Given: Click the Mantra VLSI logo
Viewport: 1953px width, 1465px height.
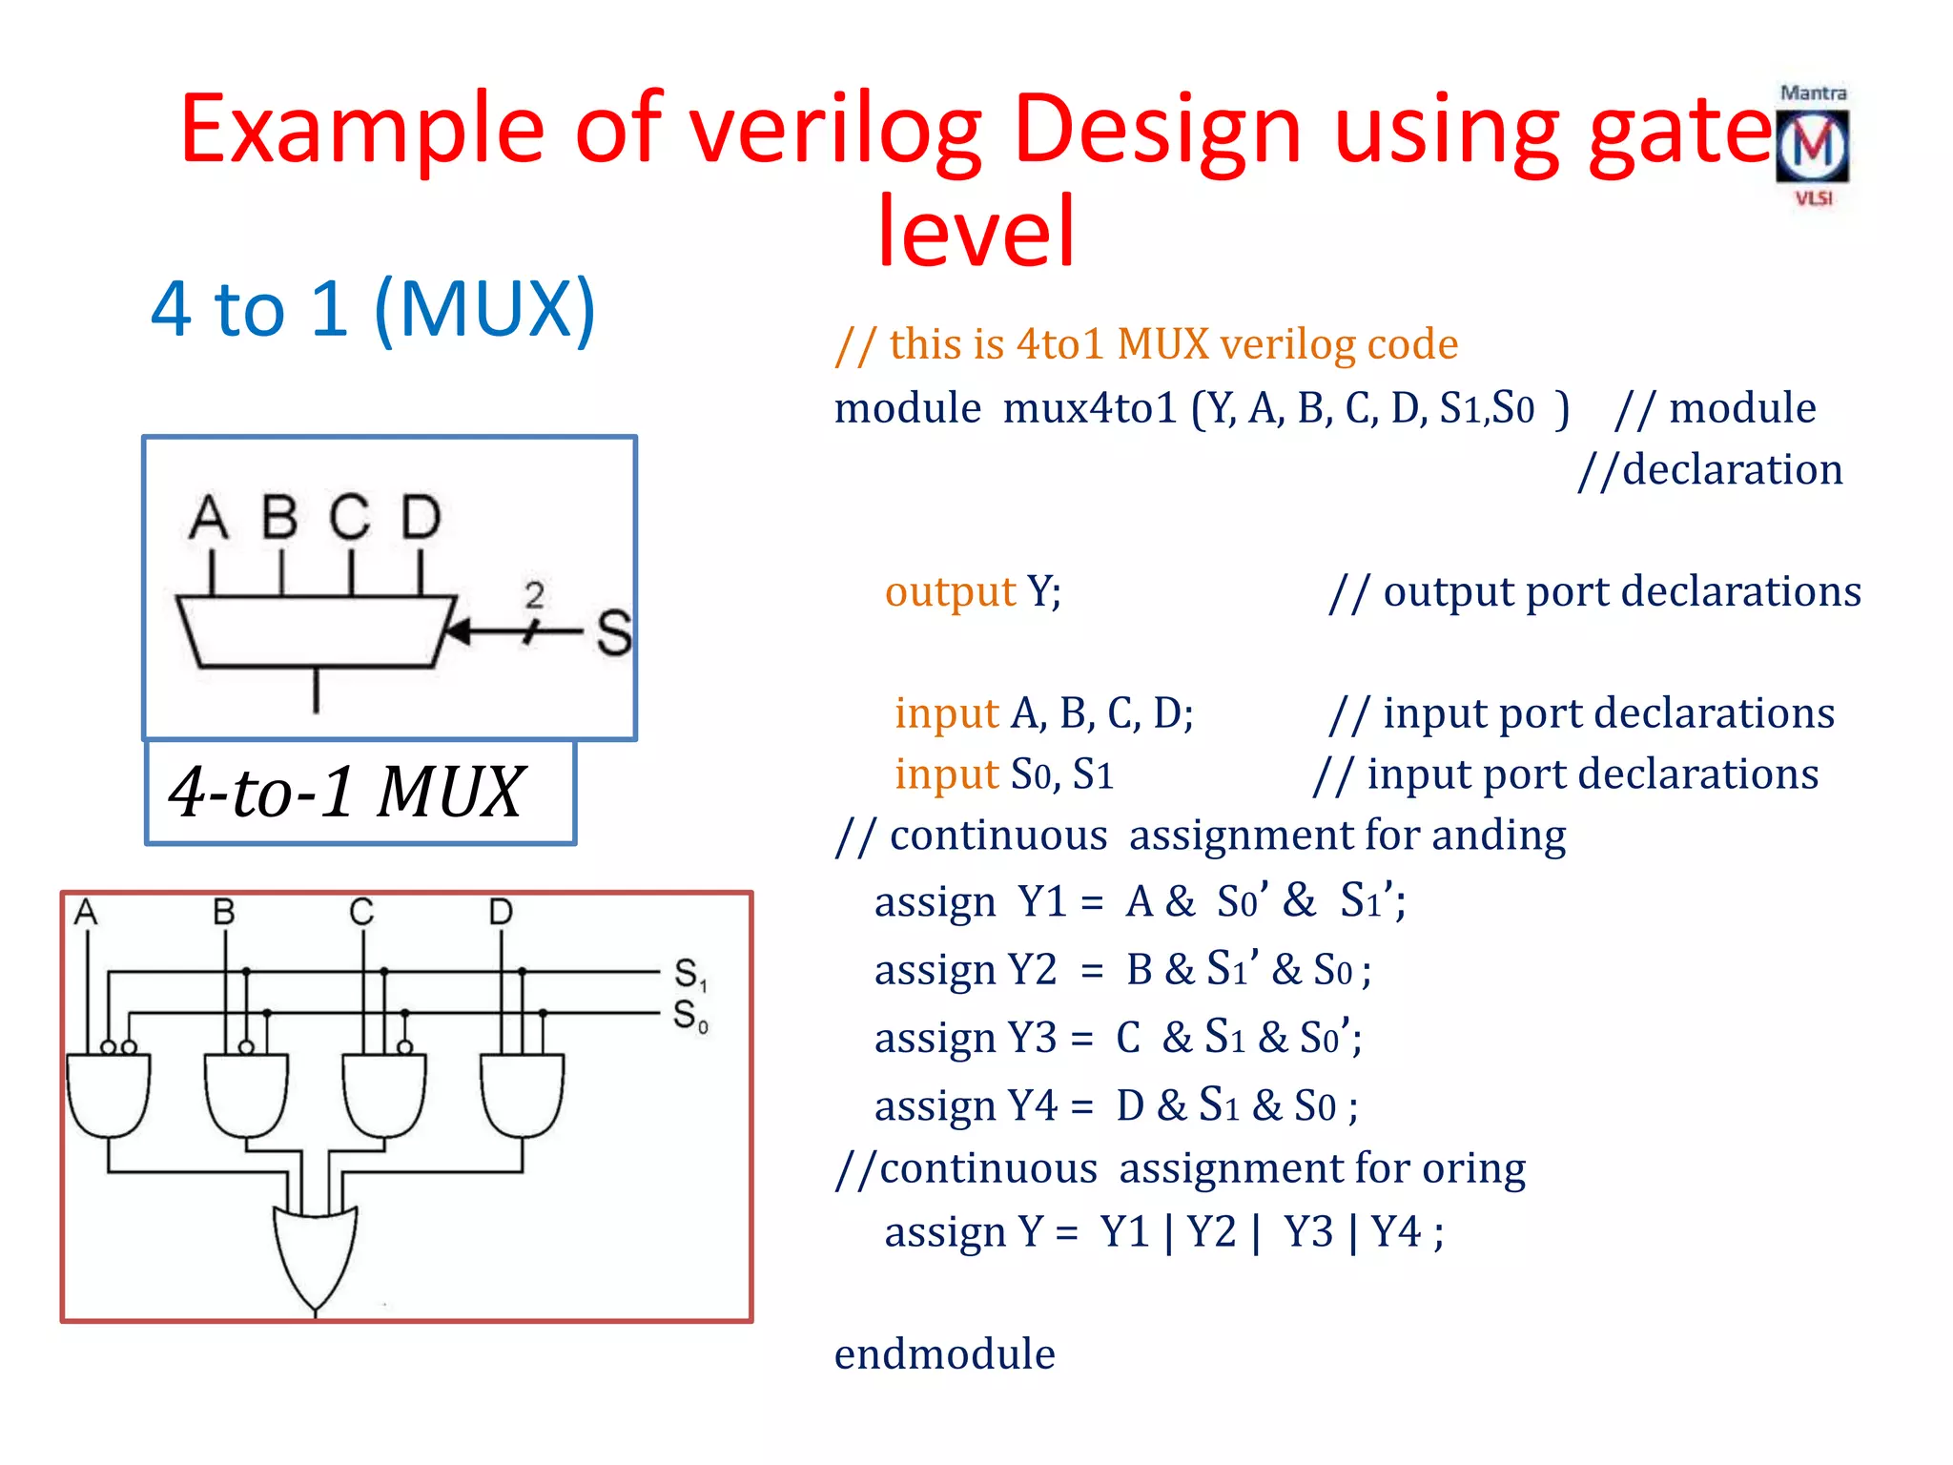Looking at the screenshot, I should click(x=1812, y=146).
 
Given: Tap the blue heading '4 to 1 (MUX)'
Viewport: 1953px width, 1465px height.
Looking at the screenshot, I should click(x=373, y=309).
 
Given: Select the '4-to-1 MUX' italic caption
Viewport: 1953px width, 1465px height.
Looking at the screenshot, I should click(x=346, y=792).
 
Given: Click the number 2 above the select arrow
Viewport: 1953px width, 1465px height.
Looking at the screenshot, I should click(x=534, y=595).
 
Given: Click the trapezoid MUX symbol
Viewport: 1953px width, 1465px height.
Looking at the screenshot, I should click(x=316, y=630).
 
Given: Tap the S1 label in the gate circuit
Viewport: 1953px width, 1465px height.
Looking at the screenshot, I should click(x=689, y=974).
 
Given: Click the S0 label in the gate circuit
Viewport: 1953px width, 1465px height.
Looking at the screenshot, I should click(x=689, y=1016).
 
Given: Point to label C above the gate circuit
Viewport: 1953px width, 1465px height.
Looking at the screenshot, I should click(x=361, y=912).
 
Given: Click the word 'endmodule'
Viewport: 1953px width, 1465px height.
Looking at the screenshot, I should click(x=944, y=1354).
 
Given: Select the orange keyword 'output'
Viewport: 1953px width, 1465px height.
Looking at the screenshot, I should click(x=950, y=591).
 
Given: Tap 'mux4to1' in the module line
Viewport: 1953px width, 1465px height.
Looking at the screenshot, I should click(x=1090, y=408).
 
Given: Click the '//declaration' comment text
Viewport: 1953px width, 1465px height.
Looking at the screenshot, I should click(x=1710, y=469).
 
